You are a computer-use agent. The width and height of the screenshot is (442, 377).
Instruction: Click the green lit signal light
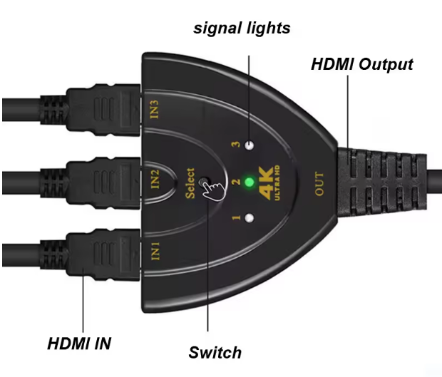[249, 182]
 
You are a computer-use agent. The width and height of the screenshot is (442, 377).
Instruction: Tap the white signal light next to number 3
[250, 145]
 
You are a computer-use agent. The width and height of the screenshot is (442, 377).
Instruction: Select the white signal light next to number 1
[249, 218]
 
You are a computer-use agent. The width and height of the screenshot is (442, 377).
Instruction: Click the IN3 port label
[155, 109]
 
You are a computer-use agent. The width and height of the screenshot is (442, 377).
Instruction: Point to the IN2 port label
[155, 179]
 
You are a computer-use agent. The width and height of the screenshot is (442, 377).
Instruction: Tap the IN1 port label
[155, 251]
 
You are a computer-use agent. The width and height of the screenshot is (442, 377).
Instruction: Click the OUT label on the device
[319, 183]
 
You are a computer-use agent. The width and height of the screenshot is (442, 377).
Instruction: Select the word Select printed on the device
[190, 183]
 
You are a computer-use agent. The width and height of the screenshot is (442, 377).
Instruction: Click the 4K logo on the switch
[266, 184]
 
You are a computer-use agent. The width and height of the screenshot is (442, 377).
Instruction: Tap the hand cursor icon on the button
[213, 190]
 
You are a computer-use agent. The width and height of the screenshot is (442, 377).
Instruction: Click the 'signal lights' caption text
[242, 29]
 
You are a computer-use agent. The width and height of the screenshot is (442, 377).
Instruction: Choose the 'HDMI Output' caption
[362, 64]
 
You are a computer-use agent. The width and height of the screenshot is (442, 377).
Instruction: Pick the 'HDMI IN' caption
[79, 344]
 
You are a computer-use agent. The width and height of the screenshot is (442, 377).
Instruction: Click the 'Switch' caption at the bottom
[215, 353]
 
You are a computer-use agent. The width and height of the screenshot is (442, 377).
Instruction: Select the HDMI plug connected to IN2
[91, 183]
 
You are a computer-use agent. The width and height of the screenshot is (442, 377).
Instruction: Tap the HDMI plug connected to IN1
[91, 254]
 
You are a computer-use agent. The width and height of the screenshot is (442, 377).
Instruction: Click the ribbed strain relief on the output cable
[382, 183]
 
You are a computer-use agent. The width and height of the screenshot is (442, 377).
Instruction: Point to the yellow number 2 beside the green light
[236, 182]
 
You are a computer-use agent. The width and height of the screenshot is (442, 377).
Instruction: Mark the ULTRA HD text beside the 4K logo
[277, 183]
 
